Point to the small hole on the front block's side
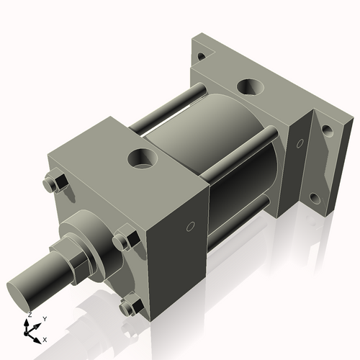[x=190, y=227]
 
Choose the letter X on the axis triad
[x=45, y=338]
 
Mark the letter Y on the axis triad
[x=44, y=318]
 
